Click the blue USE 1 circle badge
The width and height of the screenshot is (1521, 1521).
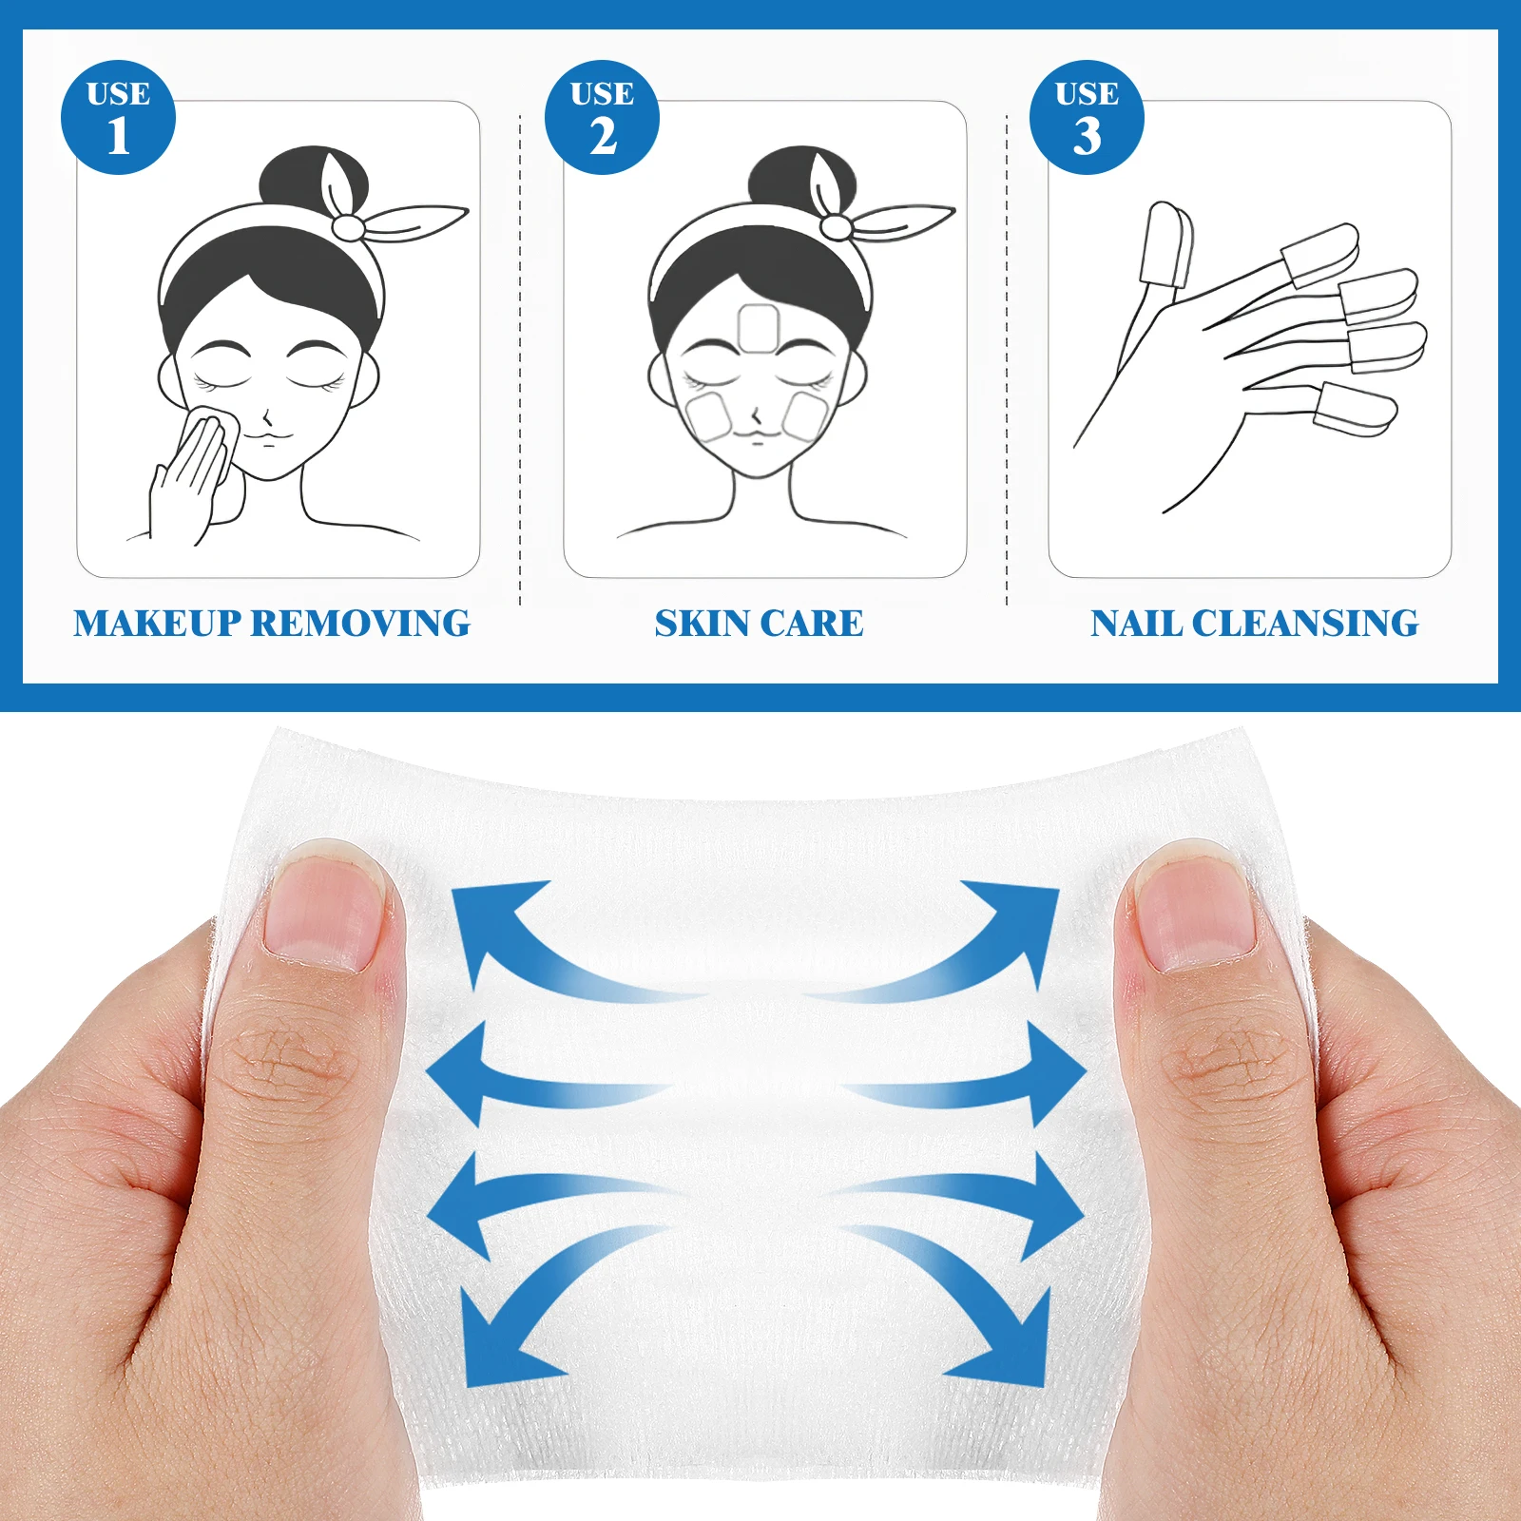tap(118, 117)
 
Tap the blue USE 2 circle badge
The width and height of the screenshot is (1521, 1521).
tap(602, 117)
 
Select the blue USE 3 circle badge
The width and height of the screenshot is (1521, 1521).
tap(1087, 117)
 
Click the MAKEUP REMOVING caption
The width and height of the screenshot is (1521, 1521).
tap(272, 624)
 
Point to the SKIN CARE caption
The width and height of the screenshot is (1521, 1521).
tap(759, 624)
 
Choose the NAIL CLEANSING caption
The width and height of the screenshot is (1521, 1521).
tap(1254, 624)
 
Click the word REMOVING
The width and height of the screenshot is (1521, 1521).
tap(361, 624)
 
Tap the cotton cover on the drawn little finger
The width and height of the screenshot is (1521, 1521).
tap(1354, 410)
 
